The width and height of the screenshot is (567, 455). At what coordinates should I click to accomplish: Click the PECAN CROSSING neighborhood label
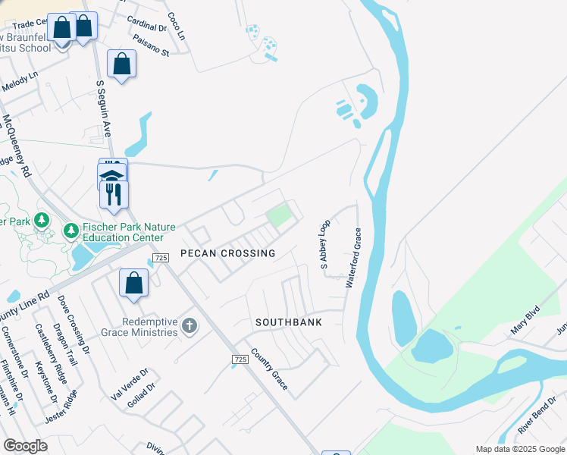[x=227, y=253]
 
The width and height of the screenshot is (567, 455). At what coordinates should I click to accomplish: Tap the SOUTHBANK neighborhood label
[x=289, y=322]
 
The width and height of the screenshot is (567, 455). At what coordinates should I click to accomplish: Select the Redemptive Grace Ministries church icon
[x=190, y=327]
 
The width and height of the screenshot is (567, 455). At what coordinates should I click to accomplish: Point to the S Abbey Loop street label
[x=324, y=244]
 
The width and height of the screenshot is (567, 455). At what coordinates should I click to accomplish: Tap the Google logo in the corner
[x=25, y=446]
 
